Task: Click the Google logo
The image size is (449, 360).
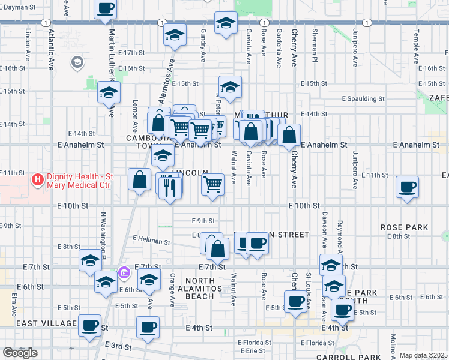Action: pyautogui.click(x=20, y=353)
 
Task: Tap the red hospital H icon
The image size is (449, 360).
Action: pyautogui.click(x=37, y=179)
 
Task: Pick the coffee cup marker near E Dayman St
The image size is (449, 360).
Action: pyautogui.click(x=106, y=8)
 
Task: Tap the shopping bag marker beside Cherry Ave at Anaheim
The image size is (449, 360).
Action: pyautogui.click(x=289, y=135)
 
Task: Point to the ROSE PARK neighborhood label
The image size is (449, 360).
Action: pyautogui.click(x=404, y=227)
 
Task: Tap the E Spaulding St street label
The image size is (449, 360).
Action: pyautogui.click(x=363, y=98)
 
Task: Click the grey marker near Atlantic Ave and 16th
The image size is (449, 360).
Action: pyautogui.click(x=77, y=61)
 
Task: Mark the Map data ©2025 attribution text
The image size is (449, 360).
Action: pyautogui.click(x=423, y=355)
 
